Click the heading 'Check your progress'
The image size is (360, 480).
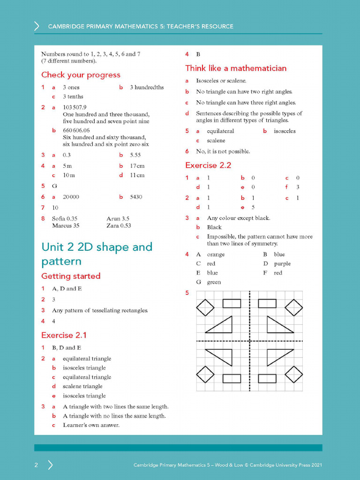tap(81, 75)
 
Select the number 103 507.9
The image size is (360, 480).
tap(75, 107)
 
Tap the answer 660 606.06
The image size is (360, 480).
tap(76, 130)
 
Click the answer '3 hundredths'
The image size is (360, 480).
tap(147, 87)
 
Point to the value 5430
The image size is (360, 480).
tap(136, 197)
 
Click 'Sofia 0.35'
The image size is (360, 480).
tap(65, 218)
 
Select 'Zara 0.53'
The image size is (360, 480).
tap(119, 225)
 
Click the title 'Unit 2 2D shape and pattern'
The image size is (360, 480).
tap(97, 254)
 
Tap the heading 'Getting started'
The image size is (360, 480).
tap(71, 276)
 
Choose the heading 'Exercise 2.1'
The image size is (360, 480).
tap(64, 335)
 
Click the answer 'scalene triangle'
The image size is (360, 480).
tap(82, 386)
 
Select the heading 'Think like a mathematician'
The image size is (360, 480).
tap(236, 68)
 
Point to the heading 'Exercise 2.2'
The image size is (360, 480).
tap(208, 165)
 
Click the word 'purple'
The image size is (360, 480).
tap(282, 263)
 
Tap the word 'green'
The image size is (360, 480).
tap(214, 282)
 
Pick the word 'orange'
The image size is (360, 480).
tap(216, 255)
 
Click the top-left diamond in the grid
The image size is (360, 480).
tap(205, 307)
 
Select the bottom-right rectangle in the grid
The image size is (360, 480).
tap(267, 378)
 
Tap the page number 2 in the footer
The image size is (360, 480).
tap(36, 465)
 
